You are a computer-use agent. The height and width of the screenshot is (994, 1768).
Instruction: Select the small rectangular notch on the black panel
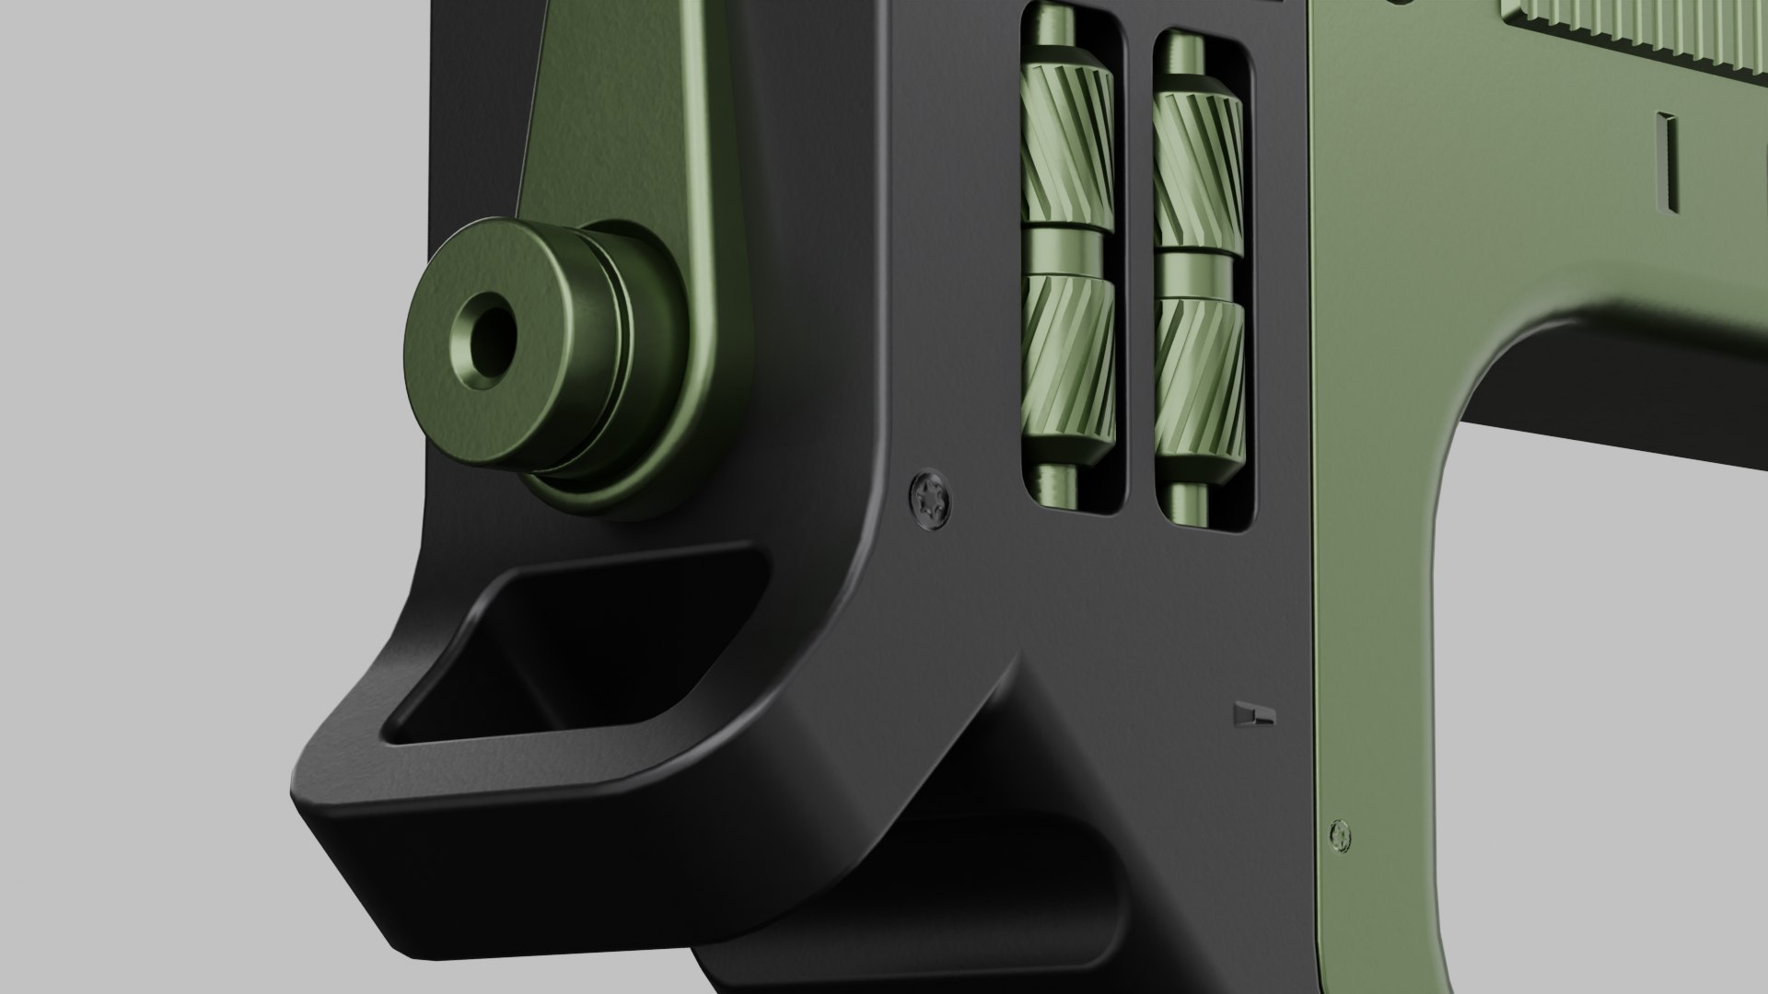(1253, 715)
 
